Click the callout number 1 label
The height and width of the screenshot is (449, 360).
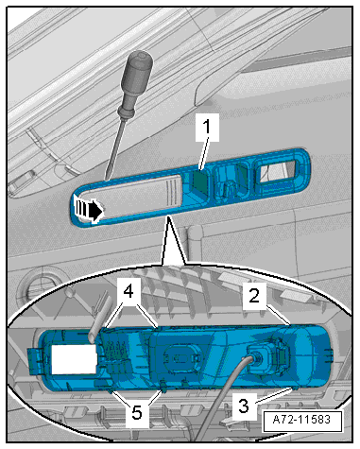coord(207,128)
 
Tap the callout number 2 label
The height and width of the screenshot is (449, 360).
coord(254,296)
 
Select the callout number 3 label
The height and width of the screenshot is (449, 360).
coord(244,406)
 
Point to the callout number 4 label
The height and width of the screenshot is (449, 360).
coord(129,292)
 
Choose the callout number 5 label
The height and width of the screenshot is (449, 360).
coord(137,413)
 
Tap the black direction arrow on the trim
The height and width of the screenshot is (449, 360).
coord(89,209)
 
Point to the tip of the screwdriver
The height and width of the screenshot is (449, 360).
coord(106,180)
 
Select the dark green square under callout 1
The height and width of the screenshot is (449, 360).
coord(200,182)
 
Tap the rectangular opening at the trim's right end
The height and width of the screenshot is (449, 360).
coord(277,172)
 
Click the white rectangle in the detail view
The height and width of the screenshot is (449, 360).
coord(75,359)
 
